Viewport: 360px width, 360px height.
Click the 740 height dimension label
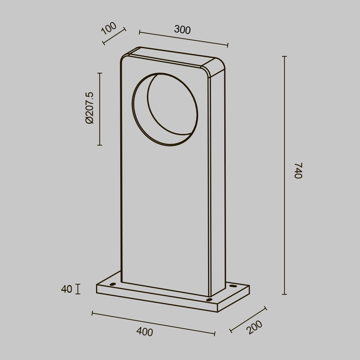point(298,171)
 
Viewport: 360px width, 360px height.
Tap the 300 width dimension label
point(182,30)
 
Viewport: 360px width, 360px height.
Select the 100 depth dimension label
point(109,28)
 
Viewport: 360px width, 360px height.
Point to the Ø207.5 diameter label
point(89,108)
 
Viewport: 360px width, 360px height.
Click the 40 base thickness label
point(67,289)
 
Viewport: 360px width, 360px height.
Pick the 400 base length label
point(145,332)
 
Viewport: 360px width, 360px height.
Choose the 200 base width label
point(255,327)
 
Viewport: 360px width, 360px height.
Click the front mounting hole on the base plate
point(209,300)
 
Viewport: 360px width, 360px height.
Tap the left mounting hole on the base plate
point(113,284)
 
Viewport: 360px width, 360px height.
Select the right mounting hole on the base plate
point(233,286)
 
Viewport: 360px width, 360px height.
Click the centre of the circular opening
point(165,109)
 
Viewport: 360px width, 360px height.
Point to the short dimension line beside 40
point(78,289)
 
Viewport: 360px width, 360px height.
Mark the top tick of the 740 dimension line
point(284,57)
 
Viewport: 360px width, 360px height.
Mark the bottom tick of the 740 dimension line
point(284,294)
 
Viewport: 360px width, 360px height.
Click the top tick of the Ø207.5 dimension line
point(100,73)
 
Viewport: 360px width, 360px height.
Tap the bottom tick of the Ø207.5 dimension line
point(100,145)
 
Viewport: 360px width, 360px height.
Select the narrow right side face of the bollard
point(217,180)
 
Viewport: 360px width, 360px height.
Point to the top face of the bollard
point(169,57)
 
